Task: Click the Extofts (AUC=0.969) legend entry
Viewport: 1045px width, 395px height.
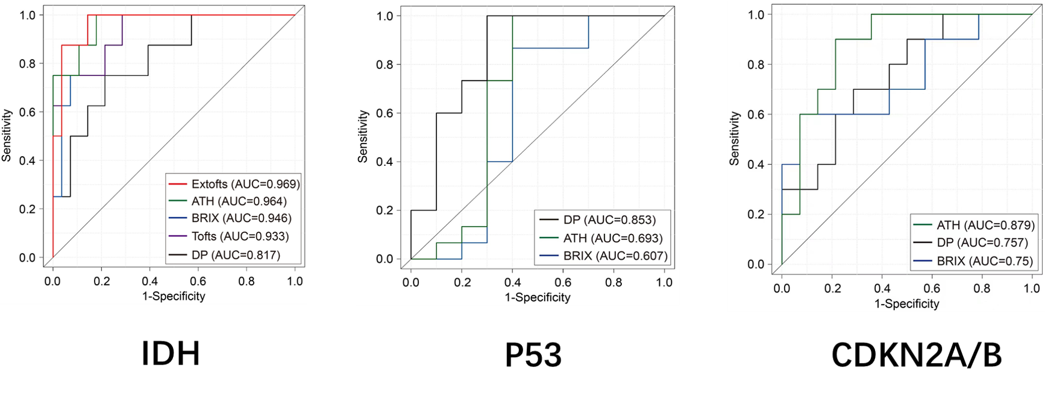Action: tap(234, 184)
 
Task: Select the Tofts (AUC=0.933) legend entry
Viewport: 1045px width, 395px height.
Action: tap(229, 236)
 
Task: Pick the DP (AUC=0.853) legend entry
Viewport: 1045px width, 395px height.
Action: tap(598, 220)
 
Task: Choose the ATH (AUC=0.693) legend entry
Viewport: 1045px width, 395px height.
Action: tap(601, 238)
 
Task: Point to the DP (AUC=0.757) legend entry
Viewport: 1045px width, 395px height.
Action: tap(971, 242)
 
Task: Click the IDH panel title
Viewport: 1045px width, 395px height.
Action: tap(171, 353)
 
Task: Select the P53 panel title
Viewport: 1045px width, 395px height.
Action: tap(533, 355)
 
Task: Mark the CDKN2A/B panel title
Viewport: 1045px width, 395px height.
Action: tap(917, 355)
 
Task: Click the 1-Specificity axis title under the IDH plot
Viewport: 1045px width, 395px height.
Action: tap(174, 296)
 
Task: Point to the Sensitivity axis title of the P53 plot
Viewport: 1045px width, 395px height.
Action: tap(363, 136)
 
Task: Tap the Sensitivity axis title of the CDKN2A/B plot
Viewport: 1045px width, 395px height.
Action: tap(734, 139)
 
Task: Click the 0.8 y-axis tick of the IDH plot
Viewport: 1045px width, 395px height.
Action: tap(28, 63)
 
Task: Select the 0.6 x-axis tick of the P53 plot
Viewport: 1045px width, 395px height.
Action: tap(563, 282)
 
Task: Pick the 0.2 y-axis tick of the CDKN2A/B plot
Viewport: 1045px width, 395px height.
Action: tap(756, 214)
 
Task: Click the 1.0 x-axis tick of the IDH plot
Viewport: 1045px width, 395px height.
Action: tap(295, 281)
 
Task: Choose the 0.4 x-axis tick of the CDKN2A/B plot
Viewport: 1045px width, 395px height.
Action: tap(882, 288)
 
